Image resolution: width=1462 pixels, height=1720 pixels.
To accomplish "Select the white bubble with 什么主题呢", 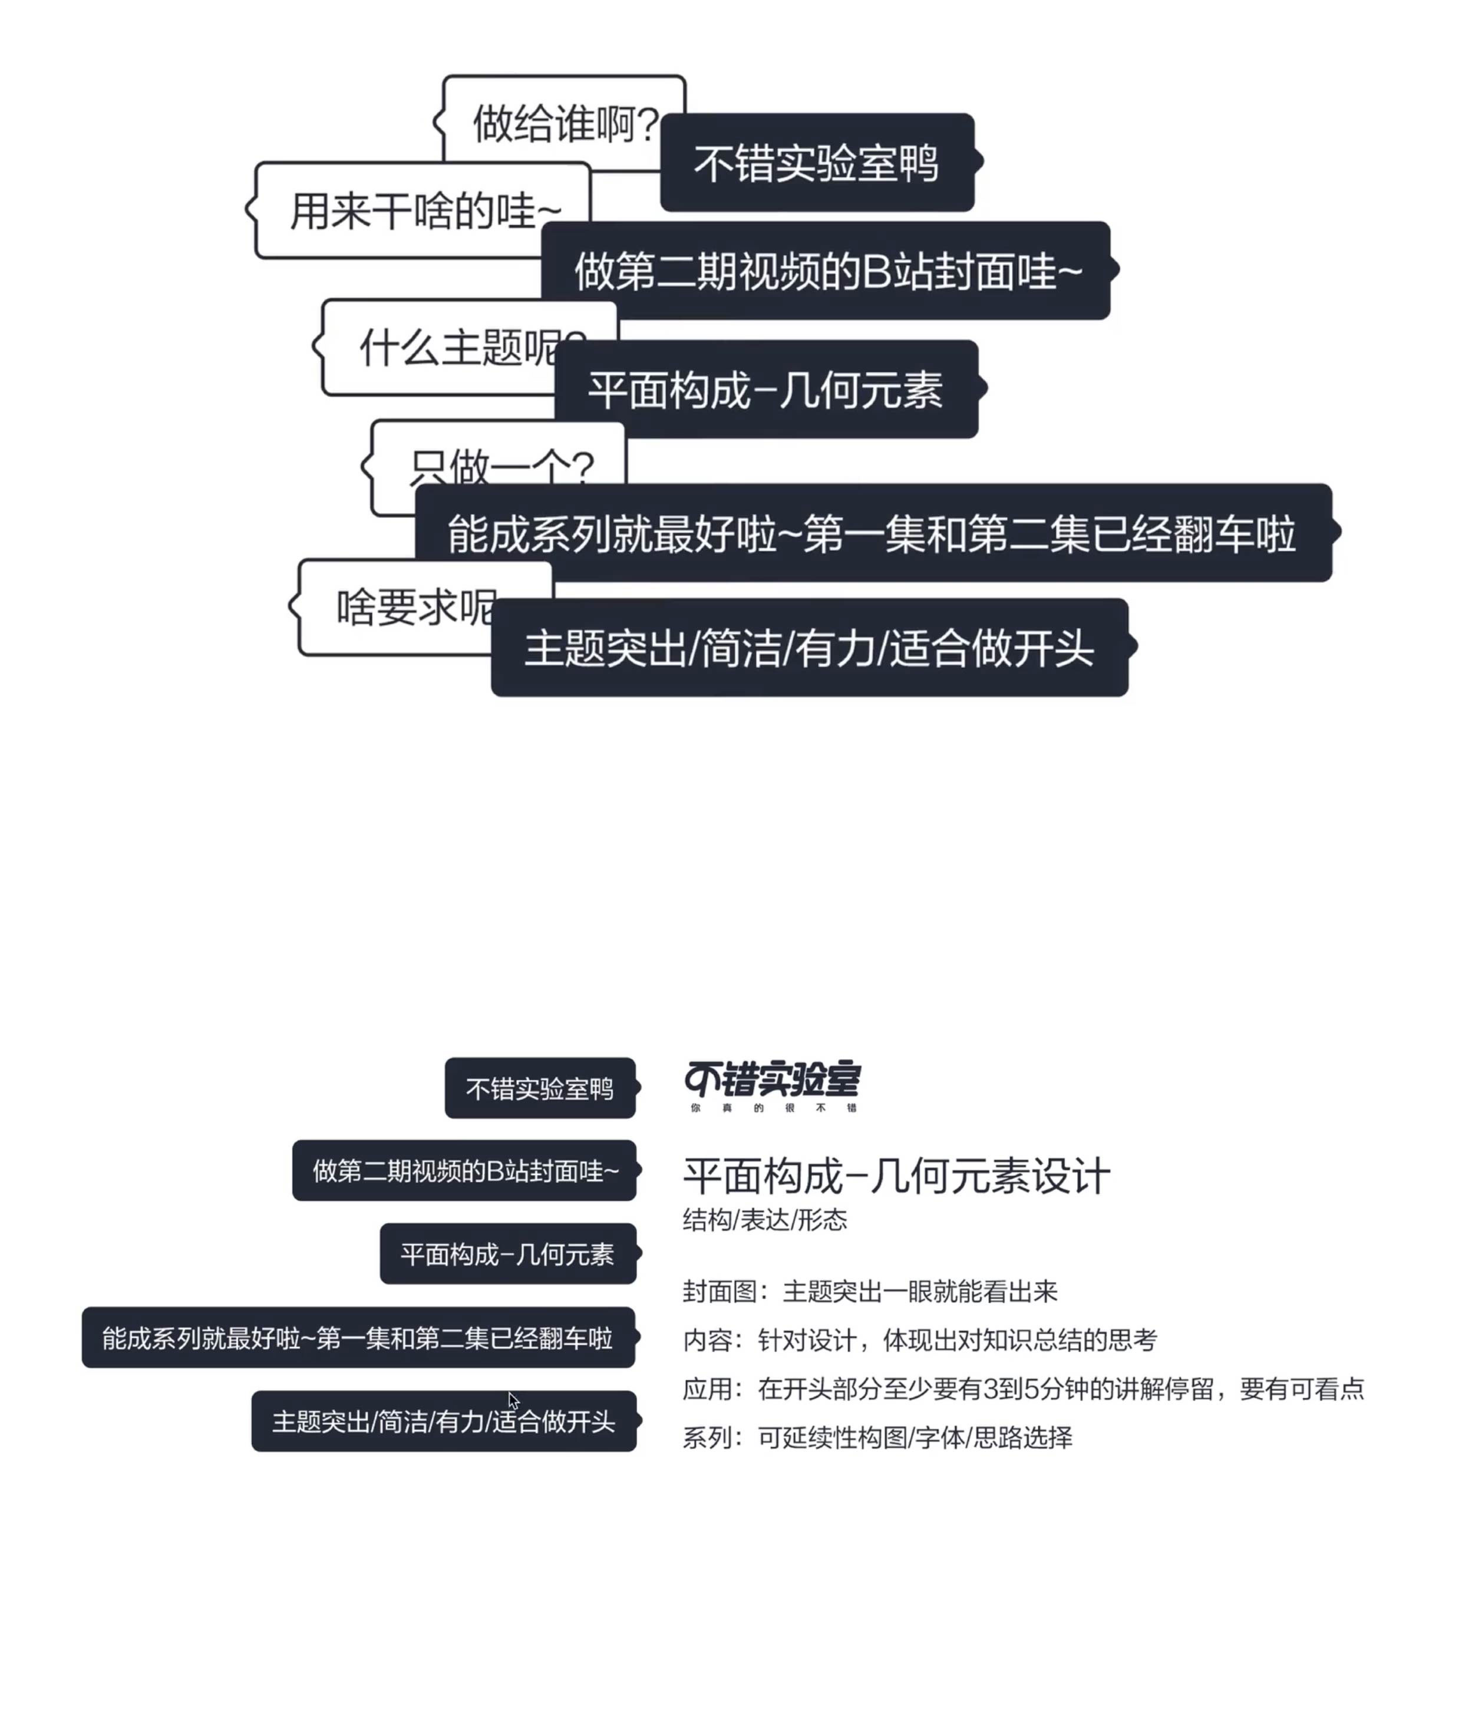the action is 439,346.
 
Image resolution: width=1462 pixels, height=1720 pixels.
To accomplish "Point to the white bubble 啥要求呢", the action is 398,608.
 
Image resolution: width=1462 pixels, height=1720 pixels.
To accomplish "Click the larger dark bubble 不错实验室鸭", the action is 816,163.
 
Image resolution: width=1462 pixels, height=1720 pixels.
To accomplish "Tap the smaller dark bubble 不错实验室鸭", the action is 540,1088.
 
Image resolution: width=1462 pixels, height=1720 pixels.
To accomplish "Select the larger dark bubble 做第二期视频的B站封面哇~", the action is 826,270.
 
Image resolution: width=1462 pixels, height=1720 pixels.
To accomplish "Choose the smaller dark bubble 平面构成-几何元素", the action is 507,1253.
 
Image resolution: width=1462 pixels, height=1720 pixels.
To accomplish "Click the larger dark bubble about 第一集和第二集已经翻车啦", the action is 872,533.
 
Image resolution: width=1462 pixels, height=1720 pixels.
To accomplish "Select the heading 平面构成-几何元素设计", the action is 896,1176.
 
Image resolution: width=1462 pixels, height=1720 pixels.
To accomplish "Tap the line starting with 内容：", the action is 919,1340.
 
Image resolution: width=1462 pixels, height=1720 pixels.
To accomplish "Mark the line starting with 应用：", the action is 1023,1389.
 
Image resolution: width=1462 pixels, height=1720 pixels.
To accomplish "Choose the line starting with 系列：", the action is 877,1438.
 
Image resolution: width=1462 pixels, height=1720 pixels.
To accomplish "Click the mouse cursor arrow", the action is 513,1399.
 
